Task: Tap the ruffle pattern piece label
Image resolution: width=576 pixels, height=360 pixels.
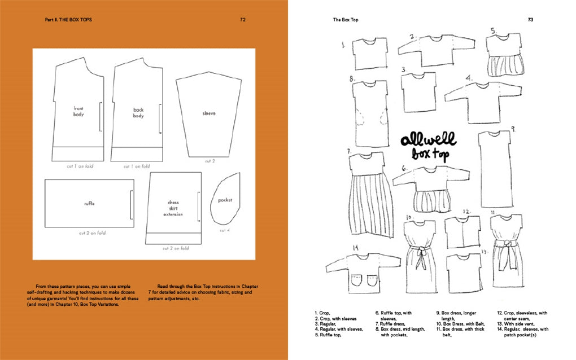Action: pos(89,203)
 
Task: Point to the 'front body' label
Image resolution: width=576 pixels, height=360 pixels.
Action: pos(78,111)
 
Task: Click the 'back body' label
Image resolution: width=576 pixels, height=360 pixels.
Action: pos(138,113)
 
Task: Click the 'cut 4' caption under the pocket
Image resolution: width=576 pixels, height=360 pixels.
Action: pos(225,230)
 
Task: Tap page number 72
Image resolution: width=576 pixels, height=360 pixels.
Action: pos(242,19)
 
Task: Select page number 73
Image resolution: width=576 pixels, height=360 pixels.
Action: pos(530,19)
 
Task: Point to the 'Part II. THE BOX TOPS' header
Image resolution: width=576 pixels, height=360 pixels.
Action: pos(68,19)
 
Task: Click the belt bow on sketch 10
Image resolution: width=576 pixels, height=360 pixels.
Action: pos(420,251)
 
